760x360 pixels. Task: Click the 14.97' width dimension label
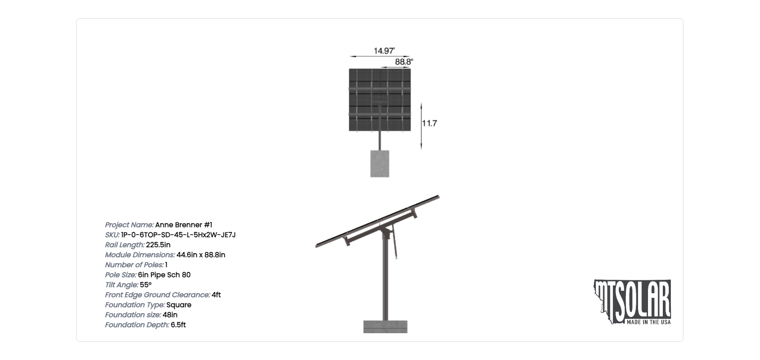coord(384,51)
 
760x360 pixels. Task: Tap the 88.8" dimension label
coord(404,62)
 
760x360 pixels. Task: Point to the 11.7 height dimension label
coord(430,123)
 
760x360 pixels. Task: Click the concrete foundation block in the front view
coord(380,164)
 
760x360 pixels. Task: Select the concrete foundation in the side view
coord(385,327)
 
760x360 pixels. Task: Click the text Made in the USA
coord(648,322)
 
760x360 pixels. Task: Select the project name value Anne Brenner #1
coord(184,225)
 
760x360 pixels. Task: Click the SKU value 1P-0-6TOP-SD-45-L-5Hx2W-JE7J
coord(178,235)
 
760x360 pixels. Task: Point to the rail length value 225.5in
coord(158,245)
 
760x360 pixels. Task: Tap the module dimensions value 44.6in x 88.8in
coord(201,255)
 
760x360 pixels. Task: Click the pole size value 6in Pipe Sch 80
coord(164,275)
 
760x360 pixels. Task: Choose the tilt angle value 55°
coord(146,285)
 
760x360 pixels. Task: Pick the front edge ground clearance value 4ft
coord(216,295)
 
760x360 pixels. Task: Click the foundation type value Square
coord(179,305)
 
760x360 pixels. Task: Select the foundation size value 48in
coord(170,315)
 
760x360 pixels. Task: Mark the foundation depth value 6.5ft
coord(178,325)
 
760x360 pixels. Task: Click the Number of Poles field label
coord(134,265)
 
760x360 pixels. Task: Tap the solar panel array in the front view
coord(380,100)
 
